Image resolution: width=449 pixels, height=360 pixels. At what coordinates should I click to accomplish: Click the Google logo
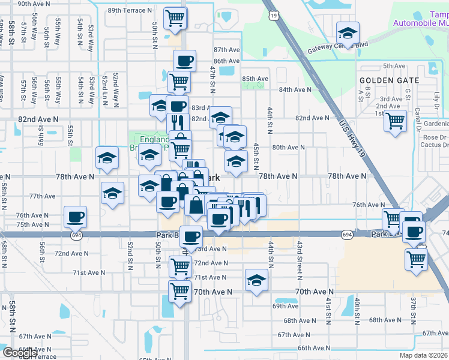click(19, 353)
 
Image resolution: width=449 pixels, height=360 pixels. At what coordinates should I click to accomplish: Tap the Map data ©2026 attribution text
click(423, 355)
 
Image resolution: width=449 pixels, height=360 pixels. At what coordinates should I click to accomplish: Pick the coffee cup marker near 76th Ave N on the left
click(76, 217)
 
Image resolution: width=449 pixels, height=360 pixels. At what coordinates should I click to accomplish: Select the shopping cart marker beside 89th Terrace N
click(175, 17)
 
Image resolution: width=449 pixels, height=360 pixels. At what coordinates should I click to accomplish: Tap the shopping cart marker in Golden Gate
click(395, 121)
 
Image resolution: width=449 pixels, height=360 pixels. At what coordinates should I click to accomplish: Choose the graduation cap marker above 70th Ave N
click(256, 280)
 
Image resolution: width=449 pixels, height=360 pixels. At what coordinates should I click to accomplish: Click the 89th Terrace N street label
click(130, 10)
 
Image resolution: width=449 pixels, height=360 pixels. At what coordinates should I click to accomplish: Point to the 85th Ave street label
click(255, 79)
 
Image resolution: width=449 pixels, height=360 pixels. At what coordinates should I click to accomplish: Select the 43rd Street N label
click(299, 258)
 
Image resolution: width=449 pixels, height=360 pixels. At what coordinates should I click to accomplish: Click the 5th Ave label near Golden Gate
click(394, 66)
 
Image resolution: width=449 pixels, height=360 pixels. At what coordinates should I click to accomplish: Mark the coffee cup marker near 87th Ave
click(184, 61)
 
